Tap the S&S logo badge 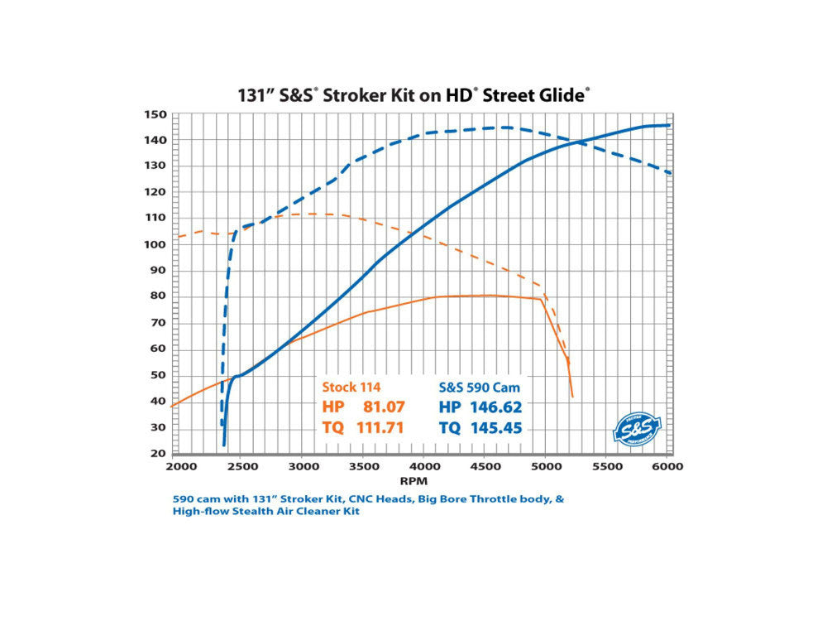point(633,426)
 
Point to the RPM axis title point(421,479)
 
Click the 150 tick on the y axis point(155,115)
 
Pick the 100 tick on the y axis point(155,244)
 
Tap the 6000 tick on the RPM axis point(667,467)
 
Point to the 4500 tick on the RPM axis point(483,467)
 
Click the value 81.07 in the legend point(382,407)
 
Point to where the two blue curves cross point(578,142)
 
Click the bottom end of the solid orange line point(572,397)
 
